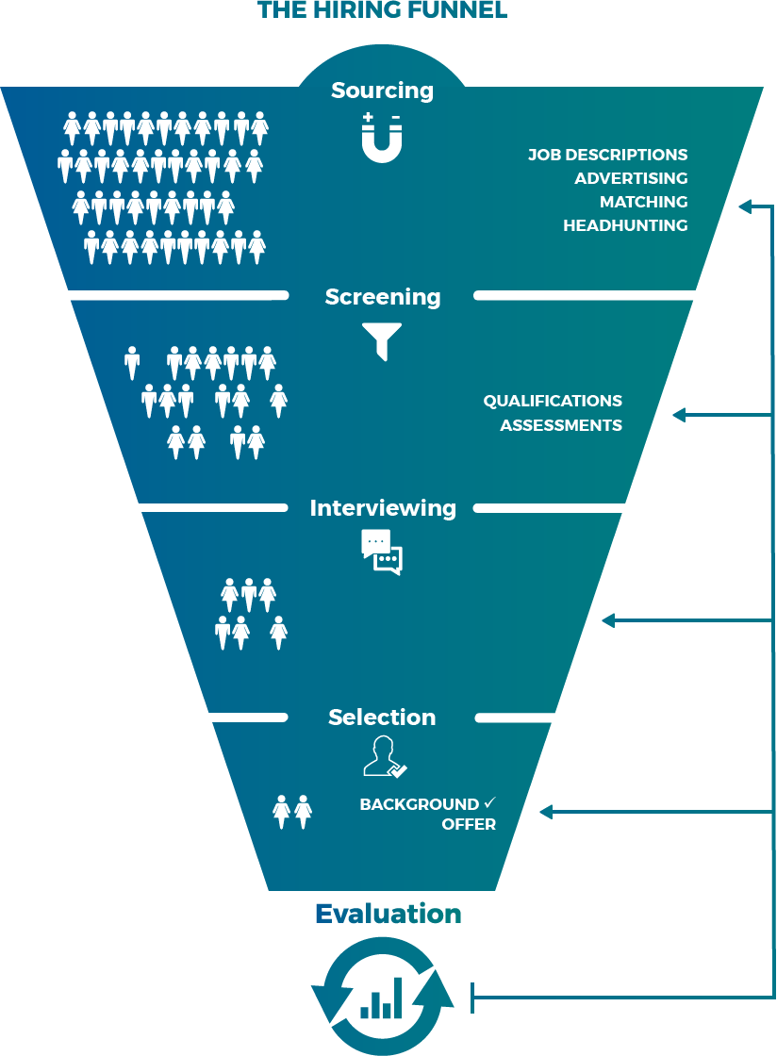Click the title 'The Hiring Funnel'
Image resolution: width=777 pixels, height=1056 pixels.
click(382, 10)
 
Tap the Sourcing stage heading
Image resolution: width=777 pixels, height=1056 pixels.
click(382, 91)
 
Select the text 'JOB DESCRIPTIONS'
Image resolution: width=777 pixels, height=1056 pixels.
click(607, 155)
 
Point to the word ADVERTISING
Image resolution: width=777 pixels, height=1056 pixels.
click(631, 178)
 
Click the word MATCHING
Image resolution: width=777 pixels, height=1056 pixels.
click(643, 202)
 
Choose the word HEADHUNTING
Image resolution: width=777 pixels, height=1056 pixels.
click(625, 225)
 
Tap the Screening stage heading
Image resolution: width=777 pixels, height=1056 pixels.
click(382, 297)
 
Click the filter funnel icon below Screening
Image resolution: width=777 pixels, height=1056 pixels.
click(382, 340)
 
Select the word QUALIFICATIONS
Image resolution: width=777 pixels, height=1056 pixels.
click(553, 402)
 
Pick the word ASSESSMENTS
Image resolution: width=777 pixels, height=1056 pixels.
click(561, 425)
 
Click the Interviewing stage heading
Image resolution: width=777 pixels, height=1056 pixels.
click(382, 508)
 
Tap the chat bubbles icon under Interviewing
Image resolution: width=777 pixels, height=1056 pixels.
click(382, 552)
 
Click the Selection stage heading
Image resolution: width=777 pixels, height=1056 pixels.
click(382, 718)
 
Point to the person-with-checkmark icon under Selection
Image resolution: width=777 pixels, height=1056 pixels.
click(383, 757)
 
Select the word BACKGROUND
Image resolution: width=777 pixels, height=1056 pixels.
click(420, 805)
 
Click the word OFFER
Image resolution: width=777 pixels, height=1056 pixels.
click(469, 825)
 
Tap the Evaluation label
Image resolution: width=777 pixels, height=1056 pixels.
click(388, 915)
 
